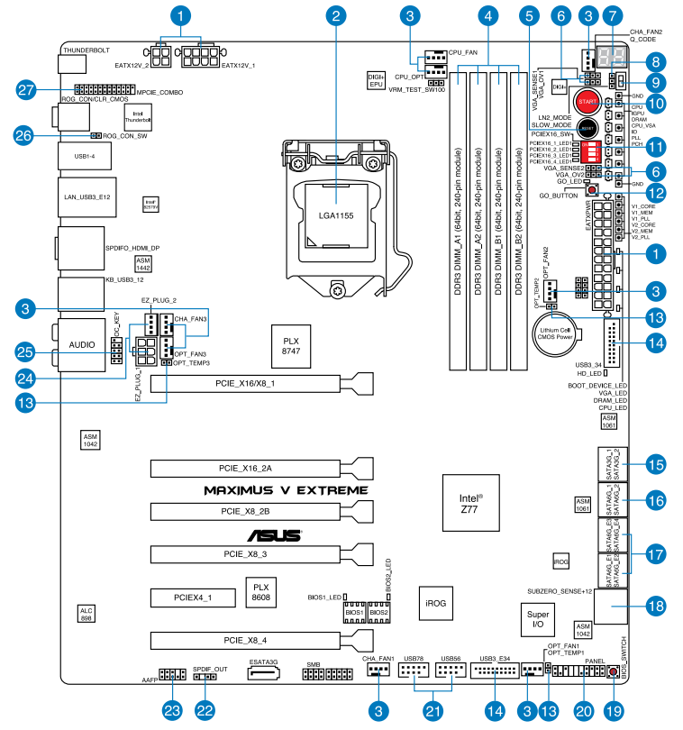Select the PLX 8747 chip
click(290, 346)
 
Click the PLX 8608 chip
click(259, 593)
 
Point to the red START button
click(589, 101)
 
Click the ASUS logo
click(275, 534)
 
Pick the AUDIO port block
click(82, 345)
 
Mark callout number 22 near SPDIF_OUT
click(205, 711)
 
